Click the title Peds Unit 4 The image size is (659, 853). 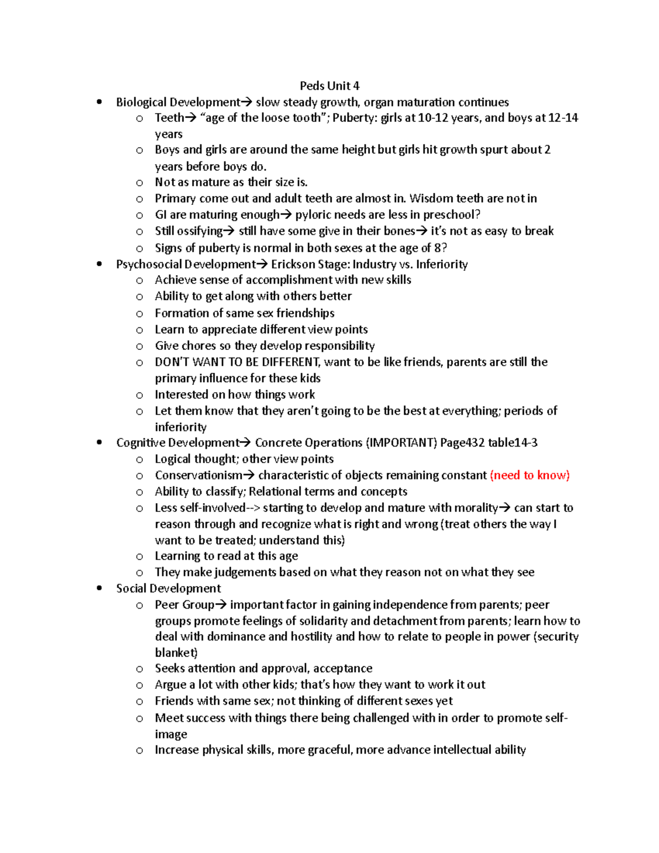tap(329, 86)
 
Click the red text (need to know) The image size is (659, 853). tap(529, 475)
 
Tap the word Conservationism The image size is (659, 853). tap(198, 475)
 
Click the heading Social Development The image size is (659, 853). tap(168, 588)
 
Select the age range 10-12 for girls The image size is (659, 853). tap(433, 118)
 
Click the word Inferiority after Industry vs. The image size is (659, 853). tap(442, 264)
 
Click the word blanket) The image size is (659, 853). tap(176, 653)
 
